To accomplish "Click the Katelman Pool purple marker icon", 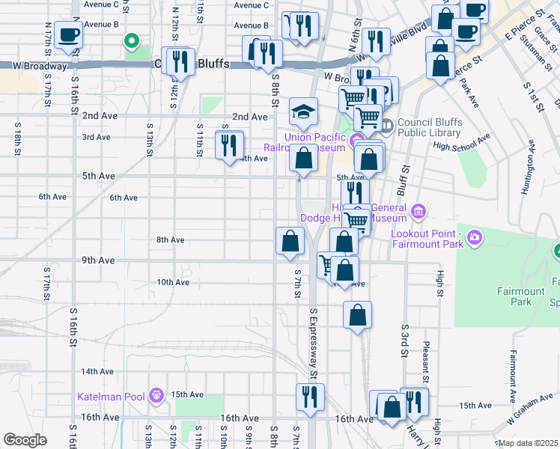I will [156, 394].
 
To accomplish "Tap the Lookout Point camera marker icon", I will [474, 239].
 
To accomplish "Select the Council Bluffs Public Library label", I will [430, 129].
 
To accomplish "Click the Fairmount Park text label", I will [514, 296].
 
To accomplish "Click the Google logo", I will [25, 440].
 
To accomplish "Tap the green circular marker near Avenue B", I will [132, 41].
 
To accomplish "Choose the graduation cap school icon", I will [303, 112].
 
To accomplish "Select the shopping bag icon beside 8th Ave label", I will [290, 242].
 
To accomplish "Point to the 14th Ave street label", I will [97, 371].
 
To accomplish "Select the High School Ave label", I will [461, 142].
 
